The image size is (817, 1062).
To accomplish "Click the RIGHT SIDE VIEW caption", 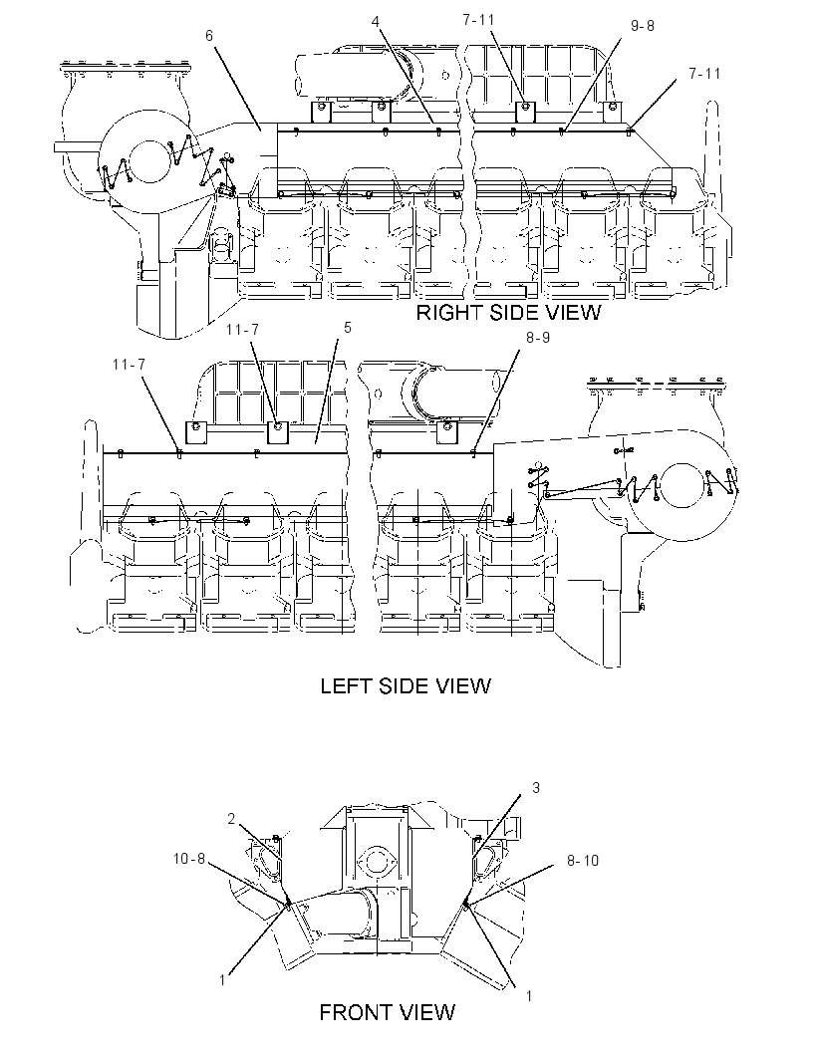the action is pos(508,312).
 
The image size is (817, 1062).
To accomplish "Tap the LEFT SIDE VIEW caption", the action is pos(406,685).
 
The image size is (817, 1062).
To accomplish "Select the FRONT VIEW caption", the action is pos(387,1012).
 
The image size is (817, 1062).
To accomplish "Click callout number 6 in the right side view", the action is pos(209,35).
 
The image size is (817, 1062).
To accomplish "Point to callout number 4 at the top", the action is pos(376,21).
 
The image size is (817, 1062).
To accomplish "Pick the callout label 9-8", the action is pos(643,26).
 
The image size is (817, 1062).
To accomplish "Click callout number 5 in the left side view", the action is pos(348,328).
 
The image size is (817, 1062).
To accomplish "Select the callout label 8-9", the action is pos(538,338).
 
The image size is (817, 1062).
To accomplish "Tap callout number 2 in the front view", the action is pos(231,819).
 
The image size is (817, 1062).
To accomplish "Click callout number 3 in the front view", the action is pos(536,788).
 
